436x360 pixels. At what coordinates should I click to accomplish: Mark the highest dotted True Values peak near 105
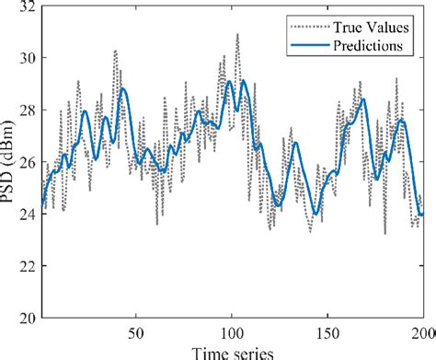tap(237, 34)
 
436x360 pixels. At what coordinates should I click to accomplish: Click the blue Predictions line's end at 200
tap(422, 215)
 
